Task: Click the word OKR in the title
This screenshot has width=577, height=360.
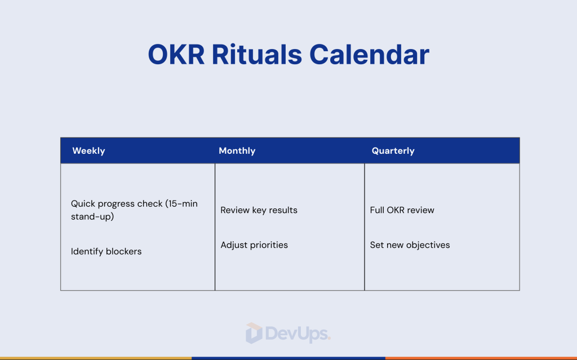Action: pos(176,55)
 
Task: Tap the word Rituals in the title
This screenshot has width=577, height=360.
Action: pos(256,55)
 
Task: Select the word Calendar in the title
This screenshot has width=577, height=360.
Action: pos(369,55)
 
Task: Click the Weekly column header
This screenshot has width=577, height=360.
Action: pos(88,151)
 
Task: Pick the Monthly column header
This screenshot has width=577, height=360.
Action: pos(237,151)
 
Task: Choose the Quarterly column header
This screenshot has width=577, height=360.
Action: pos(393,151)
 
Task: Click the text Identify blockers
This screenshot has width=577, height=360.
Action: pos(106,251)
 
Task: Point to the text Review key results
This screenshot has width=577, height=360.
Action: pos(259,210)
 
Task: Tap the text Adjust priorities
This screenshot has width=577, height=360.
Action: pos(254,245)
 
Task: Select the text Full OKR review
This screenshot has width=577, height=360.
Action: pos(402,210)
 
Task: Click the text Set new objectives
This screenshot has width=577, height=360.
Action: pos(410,245)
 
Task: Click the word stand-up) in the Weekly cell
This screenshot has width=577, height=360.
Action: pos(92,216)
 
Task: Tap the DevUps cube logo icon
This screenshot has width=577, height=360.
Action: pos(254,333)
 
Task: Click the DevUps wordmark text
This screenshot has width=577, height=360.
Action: pos(296,334)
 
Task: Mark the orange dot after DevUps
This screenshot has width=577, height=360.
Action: pos(329,339)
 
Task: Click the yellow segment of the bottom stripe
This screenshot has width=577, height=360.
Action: pos(96,358)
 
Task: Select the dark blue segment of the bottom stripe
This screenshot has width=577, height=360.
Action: pos(288,358)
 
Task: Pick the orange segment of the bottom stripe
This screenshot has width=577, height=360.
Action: pos(481,358)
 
